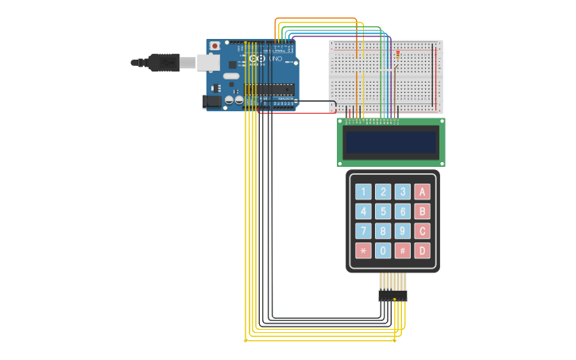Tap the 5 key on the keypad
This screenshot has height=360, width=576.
pos(383,211)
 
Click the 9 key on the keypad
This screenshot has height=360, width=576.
pos(403,231)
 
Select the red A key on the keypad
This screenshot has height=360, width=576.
pos(423,192)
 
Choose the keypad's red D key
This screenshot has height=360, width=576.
pos(423,251)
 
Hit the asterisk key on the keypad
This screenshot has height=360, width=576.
pos(363,251)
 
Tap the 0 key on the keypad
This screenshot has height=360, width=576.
pos(383,251)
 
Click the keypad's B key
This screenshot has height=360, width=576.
pos(423,211)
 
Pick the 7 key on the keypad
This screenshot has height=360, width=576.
pos(363,231)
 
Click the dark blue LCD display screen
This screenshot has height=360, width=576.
pos(391,142)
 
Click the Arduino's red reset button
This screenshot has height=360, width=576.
pos(215,47)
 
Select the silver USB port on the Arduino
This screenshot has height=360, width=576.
pos(208,63)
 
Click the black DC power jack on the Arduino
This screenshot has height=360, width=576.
pos(211,101)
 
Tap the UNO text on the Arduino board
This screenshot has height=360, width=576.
pos(276,59)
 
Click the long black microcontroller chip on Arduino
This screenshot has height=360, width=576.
pos(269,89)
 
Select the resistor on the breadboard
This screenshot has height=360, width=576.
pos(397,54)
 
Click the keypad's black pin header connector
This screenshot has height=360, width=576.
pos(392,296)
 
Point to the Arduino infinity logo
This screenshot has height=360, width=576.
pos(257,59)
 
